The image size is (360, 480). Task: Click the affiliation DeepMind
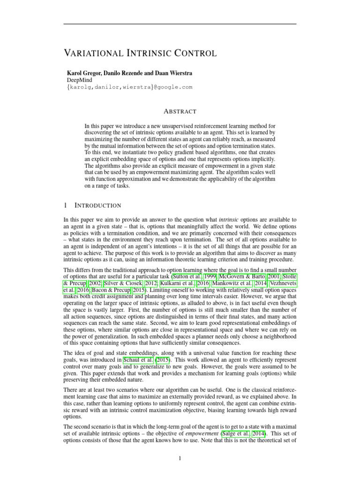[80, 80]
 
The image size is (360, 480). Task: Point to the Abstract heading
[180, 112]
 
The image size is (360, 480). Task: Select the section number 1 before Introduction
[65, 205]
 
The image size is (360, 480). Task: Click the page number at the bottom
[180, 458]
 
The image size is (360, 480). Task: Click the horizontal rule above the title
[180, 23]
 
